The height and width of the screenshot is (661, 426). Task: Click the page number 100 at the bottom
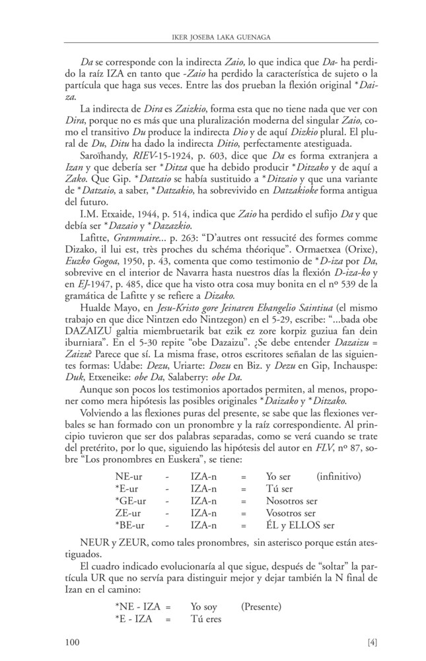coord(74,641)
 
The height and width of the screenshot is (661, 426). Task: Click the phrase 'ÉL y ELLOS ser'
coord(300,525)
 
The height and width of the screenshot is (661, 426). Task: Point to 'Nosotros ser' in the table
coord(293,500)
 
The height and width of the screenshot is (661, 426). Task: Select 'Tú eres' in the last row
coord(205,619)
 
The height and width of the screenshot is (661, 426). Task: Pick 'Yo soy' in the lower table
coord(205,606)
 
